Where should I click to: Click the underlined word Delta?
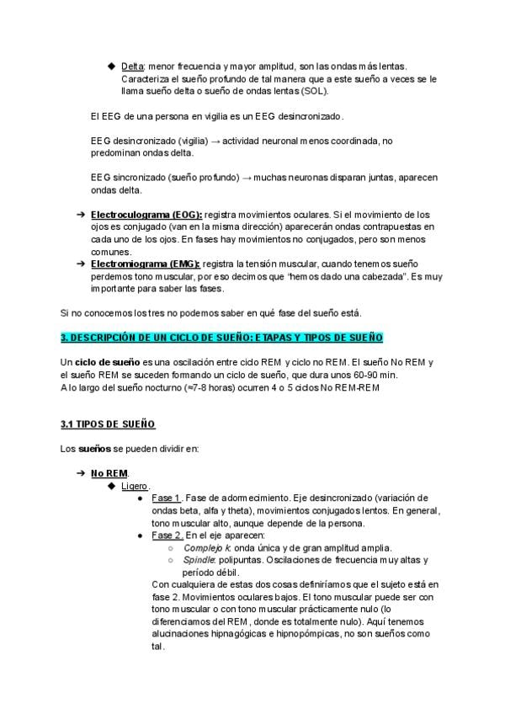133,66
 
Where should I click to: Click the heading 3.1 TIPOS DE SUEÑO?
108,424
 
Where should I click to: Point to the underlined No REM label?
109,473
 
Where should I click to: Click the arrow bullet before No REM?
81,473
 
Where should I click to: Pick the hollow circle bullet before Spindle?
171,560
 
